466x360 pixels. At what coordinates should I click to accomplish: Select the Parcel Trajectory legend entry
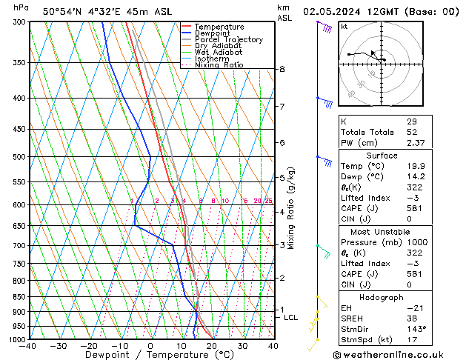pos(228,39)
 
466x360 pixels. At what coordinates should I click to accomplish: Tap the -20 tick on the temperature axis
pos(89,346)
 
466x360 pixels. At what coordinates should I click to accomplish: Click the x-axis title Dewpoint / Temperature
pos(150,355)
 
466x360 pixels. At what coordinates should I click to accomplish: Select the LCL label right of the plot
pos(291,317)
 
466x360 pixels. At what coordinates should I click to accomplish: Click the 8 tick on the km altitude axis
pos(282,69)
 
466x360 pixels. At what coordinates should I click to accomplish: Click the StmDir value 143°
pos(416,330)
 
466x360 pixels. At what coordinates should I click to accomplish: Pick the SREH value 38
pos(412,319)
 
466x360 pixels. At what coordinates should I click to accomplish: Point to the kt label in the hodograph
pos(344,26)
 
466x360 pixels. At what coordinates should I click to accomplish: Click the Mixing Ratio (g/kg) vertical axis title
pos(291,208)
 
